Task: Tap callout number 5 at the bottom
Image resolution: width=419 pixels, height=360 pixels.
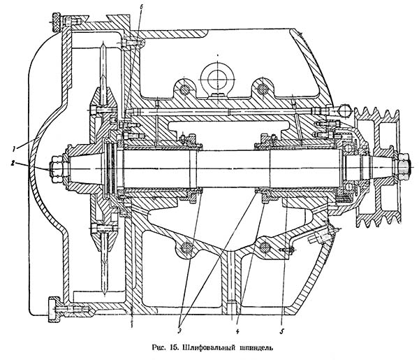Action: tap(282, 322)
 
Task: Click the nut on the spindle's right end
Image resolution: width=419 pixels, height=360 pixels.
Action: tap(403, 168)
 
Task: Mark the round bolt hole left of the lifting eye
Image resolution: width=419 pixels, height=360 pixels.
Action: tap(183, 88)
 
